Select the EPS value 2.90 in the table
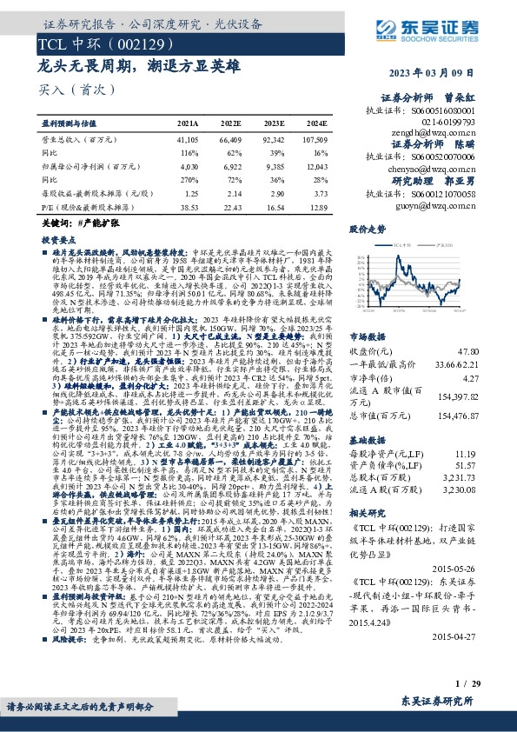click(275, 195)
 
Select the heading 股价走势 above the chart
click(367, 230)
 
